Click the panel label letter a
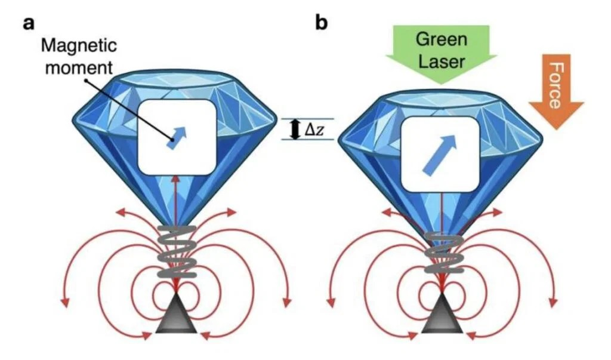29,23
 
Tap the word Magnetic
79,45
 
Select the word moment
79,67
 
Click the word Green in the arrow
441,39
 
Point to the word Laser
441,61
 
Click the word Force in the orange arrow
555,85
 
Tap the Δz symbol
314,130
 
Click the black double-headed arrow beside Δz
295,130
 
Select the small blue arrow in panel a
177,137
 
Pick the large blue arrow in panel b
440,155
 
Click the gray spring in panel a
176,251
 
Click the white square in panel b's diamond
440,155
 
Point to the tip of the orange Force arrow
557,129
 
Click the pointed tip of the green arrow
441,84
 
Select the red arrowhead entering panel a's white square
176,179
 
